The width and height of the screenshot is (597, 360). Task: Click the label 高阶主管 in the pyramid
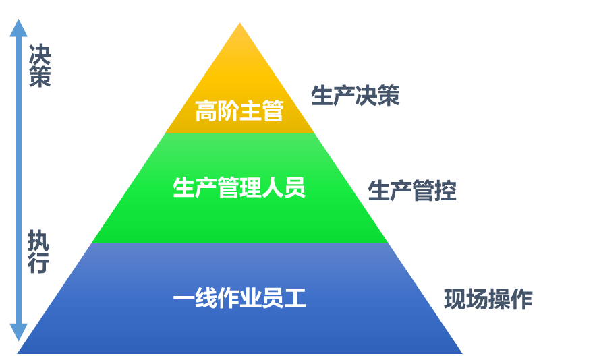239,111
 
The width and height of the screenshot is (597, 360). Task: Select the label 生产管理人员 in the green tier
239,188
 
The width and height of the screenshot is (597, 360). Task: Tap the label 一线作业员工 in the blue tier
239,299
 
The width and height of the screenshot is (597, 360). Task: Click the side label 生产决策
356,96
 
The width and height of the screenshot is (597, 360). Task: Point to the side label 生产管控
412,191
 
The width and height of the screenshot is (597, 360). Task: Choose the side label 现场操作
488,299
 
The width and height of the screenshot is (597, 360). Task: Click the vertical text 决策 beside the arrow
39,65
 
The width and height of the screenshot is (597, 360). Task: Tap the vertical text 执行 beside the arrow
38,252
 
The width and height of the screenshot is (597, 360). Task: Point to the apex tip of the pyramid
239,24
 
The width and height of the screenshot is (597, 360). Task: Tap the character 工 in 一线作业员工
295,299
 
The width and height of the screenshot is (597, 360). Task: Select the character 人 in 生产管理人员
273,188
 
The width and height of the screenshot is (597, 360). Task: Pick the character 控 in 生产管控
446,191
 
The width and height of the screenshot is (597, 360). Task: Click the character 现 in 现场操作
455,299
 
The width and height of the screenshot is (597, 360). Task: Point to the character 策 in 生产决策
389,96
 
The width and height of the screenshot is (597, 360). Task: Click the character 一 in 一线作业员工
183,299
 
